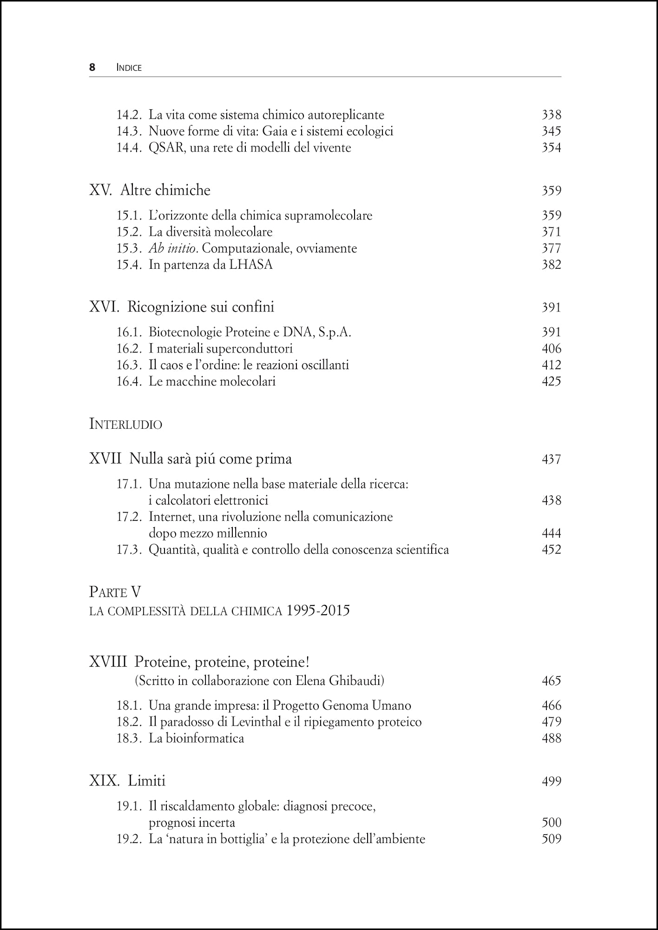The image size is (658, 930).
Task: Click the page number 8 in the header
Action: click(x=92, y=67)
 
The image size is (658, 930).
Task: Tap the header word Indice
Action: click(x=129, y=68)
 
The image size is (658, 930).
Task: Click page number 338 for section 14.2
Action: click(x=551, y=115)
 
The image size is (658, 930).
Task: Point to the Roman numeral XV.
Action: click(x=100, y=190)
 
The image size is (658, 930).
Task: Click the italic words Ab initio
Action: click(x=173, y=248)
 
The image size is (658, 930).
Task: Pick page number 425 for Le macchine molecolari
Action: click(x=551, y=382)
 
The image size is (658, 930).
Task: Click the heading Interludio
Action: click(x=125, y=425)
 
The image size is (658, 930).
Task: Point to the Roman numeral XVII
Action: click(x=105, y=459)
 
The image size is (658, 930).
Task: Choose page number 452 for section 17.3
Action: click(x=551, y=550)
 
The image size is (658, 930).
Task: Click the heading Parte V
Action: click(x=115, y=592)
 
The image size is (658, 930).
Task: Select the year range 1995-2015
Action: click(x=318, y=611)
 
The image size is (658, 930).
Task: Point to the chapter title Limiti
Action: click(x=146, y=781)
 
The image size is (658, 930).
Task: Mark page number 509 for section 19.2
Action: click(x=551, y=839)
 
